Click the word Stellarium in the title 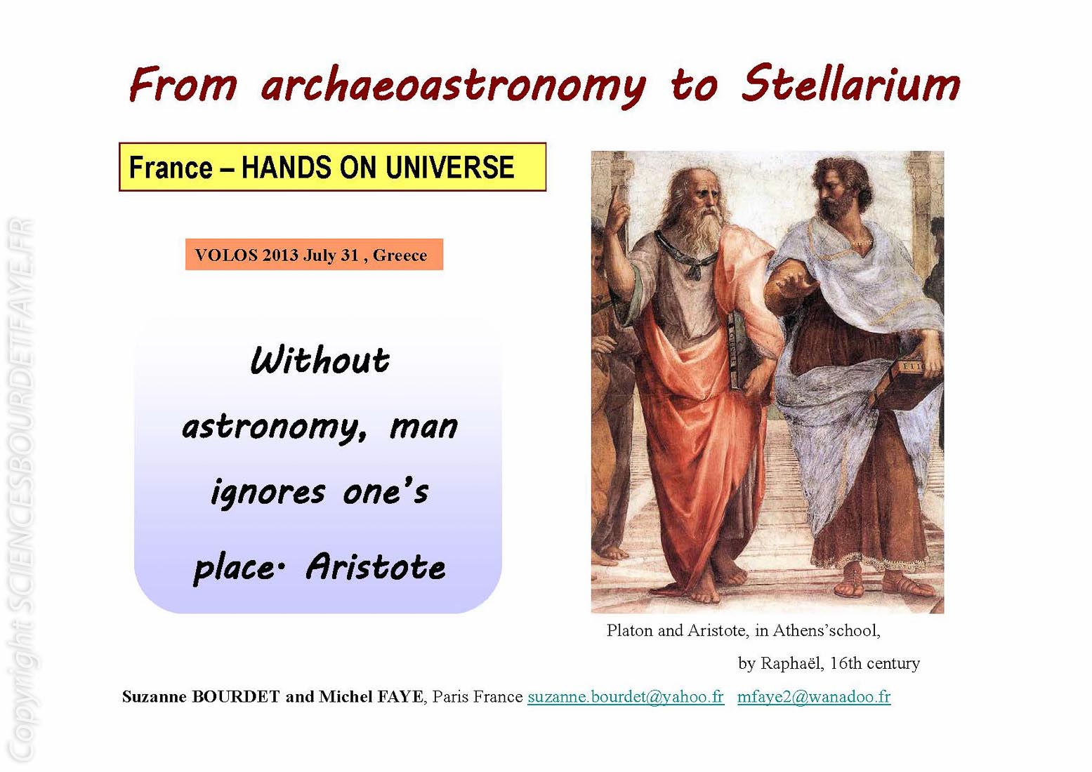click(850, 84)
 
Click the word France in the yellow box click(171, 167)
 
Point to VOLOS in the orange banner click(226, 255)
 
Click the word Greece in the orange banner click(400, 255)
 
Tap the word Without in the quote click(320, 361)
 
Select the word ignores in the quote click(268, 492)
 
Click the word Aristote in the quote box click(376, 566)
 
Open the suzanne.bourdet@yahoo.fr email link click(626, 696)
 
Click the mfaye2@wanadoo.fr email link click(814, 696)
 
